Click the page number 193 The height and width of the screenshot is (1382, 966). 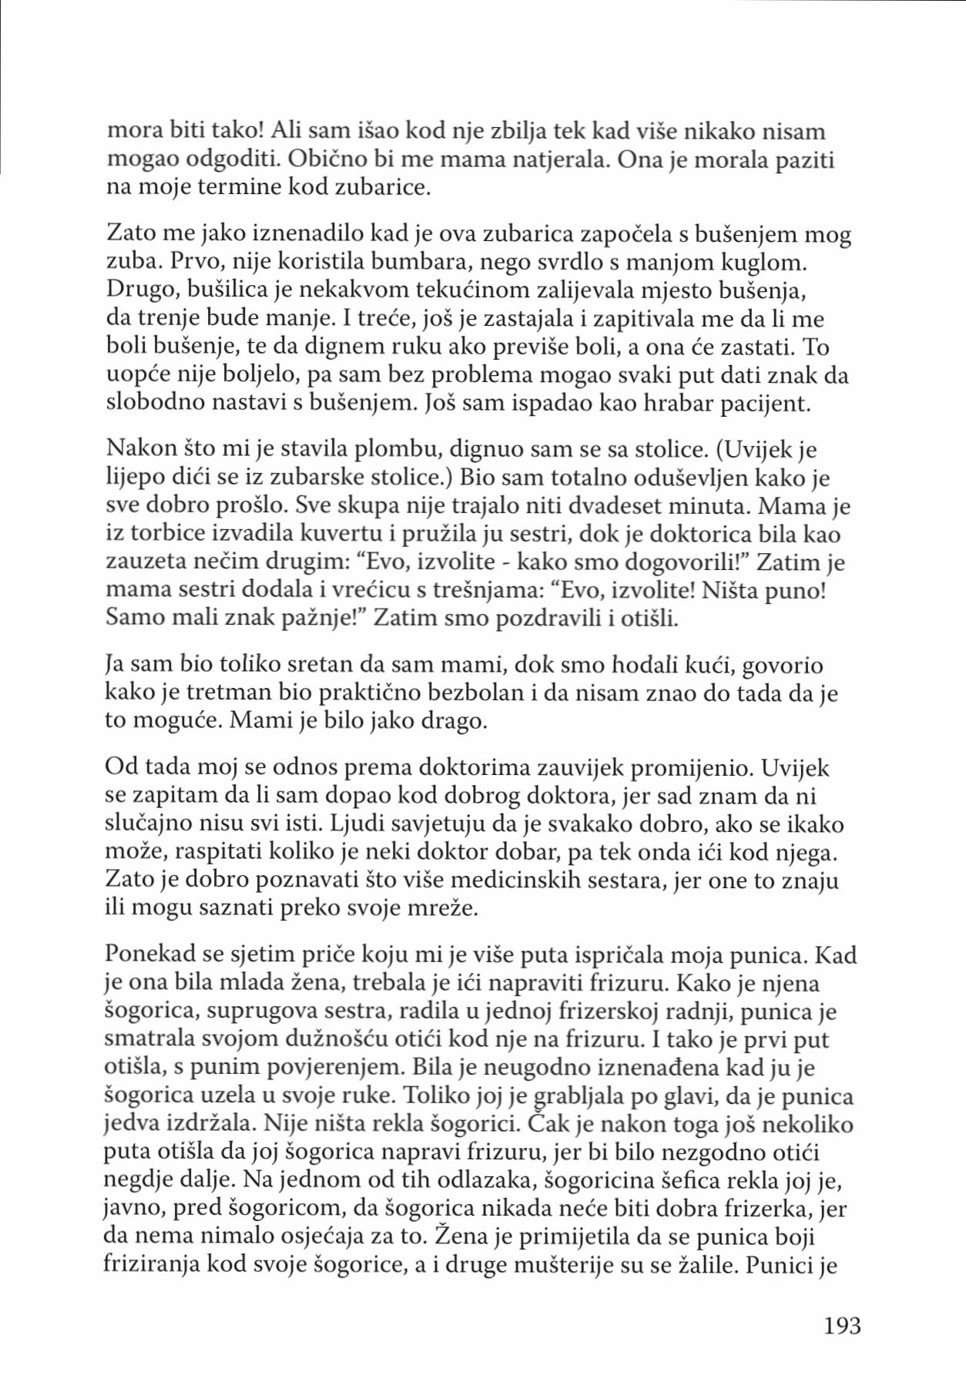click(x=842, y=1326)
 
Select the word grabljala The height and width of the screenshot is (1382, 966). click(x=572, y=1096)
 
